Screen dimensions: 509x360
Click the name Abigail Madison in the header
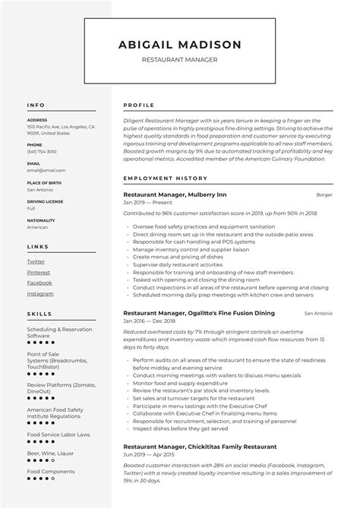(x=180, y=45)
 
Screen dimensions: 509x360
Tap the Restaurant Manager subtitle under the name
(x=180, y=60)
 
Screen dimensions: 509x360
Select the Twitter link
(x=36, y=261)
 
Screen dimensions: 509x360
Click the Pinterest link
(x=38, y=272)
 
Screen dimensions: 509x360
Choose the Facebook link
(x=39, y=283)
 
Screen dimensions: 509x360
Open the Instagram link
(x=40, y=293)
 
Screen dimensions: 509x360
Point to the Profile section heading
(x=139, y=105)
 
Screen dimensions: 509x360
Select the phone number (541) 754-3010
(x=42, y=151)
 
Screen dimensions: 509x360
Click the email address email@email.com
(x=46, y=170)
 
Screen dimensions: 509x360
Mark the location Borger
(x=324, y=195)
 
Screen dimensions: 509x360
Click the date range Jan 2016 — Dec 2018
(x=150, y=322)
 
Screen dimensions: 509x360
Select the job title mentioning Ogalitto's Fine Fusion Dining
(x=198, y=313)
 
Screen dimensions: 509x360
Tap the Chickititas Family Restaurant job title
(x=200, y=446)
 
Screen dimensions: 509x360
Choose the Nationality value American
(x=37, y=226)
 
